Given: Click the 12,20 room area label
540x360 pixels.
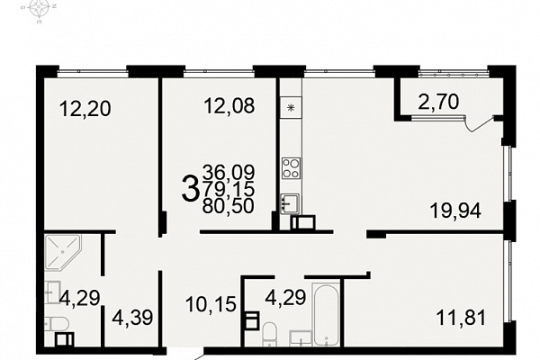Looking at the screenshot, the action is click(x=85, y=108).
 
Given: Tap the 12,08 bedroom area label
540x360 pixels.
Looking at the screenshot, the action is click(x=229, y=105).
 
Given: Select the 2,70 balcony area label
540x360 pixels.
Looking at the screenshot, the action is click(x=438, y=102).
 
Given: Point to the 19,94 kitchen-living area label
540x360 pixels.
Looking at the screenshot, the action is click(x=455, y=211).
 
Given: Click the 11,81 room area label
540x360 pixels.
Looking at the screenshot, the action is click(x=461, y=318).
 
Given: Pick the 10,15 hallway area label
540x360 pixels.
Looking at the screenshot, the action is click(x=211, y=304).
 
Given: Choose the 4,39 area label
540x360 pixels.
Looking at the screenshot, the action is click(x=132, y=318).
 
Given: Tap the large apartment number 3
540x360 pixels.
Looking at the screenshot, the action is click(x=191, y=188).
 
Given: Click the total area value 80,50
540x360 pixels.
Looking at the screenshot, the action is click(x=229, y=206).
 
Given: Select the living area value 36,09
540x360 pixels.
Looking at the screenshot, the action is click(x=229, y=171).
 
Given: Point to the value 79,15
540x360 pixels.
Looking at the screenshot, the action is click(x=229, y=188).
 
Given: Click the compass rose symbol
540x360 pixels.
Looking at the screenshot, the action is click(x=39, y=9).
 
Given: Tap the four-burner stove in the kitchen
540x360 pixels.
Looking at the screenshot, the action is click(x=291, y=167).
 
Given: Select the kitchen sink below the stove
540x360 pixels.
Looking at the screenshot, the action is click(x=290, y=203).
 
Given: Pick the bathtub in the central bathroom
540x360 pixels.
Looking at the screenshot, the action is click(x=326, y=314).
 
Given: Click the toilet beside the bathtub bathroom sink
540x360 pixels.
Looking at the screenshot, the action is click(x=269, y=334).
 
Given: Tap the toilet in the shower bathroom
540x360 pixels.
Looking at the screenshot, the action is click(x=58, y=324).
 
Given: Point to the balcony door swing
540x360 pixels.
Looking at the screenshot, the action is click(x=479, y=124).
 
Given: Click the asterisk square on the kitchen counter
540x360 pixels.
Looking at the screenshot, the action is click(x=291, y=108).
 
